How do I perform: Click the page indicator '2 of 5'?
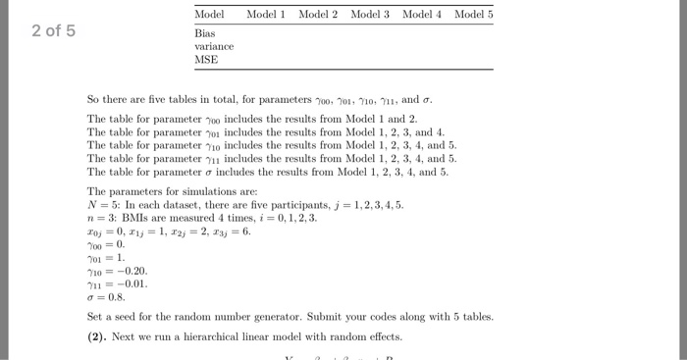coord(53,30)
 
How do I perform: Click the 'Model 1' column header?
coord(266,15)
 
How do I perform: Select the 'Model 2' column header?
coord(318,15)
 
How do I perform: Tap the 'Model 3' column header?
coord(370,15)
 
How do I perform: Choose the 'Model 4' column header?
coord(422,15)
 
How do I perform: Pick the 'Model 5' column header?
coord(474,15)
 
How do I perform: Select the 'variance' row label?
coord(213,45)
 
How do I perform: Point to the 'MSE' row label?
coord(206,59)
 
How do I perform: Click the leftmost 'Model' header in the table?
coord(209,15)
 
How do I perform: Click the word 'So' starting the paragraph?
coord(93,99)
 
